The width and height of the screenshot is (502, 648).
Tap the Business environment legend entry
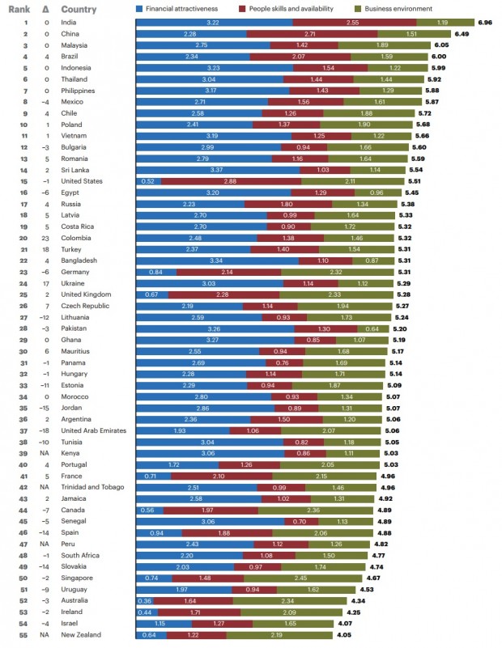(x=394, y=7)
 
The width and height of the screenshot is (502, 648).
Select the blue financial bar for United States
(x=148, y=181)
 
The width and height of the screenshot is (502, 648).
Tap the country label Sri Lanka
(x=76, y=170)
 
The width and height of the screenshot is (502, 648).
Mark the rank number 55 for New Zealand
(x=25, y=634)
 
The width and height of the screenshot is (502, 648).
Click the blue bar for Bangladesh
(x=216, y=260)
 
